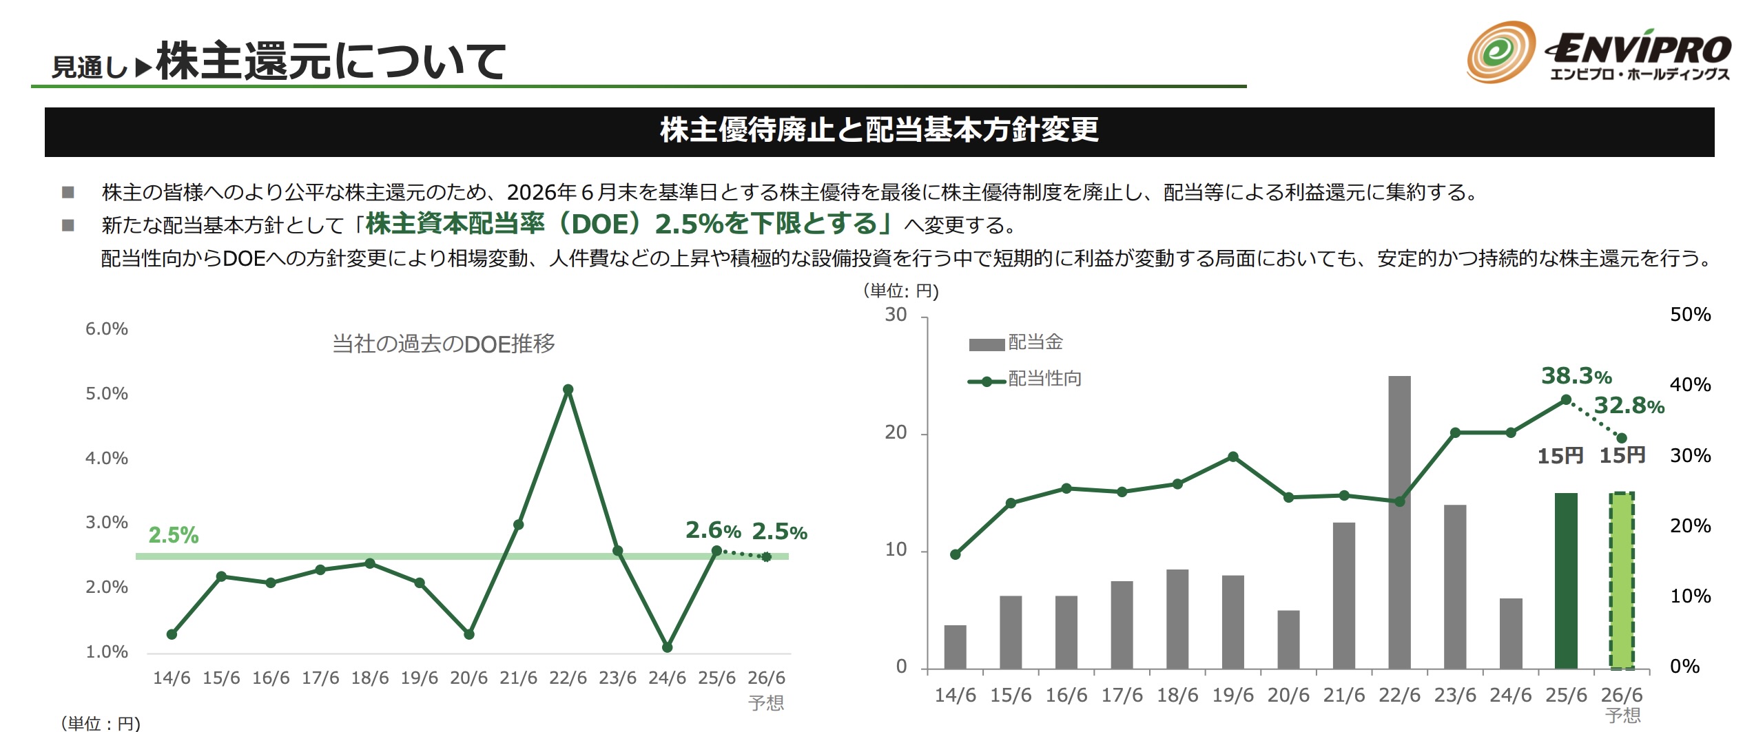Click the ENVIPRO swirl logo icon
click(1501, 52)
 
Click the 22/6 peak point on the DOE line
click(568, 390)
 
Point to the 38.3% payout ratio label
click(1576, 376)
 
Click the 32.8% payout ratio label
click(1629, 406)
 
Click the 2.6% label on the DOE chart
click(713, 530)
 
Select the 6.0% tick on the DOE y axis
click(107, 329)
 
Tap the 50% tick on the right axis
click(1690, 315)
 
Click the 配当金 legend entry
click(1017, 342)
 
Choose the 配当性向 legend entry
click(1026, 379)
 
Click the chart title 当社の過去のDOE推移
click(444, 344)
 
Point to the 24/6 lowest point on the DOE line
click(667, 647)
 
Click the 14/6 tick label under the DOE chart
click(172, 678)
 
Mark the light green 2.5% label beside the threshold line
click(174, 535)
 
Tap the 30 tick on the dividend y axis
click(896, 315)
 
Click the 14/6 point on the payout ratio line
click(955, 554)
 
